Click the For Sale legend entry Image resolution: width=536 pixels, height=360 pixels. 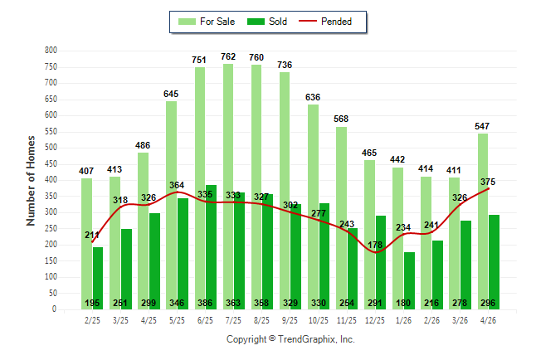pyautogui.click(x=207, y=22)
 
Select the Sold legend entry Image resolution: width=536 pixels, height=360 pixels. pyautogui.click(x=267, y=22)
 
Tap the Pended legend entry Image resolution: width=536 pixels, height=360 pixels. pyautogui.click(x=325, y=22)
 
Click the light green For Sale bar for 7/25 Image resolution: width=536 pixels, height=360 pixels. pyautogui.click(x=228, y=187)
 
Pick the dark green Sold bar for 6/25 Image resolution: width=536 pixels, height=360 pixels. pyautogui.click(x=211, y=247)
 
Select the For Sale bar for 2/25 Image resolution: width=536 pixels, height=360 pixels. pyautogui.click(x=86, y=244)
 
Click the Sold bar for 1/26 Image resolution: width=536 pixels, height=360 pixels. pyautogui.click(x=409, y=280)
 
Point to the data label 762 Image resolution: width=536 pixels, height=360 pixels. pyautogui.click(x=228, y=56)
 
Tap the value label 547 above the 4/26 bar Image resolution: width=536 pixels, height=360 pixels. pyautogui.click(x=481, y=126)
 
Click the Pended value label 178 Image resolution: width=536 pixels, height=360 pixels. pyautogui.click(x=375, y=245)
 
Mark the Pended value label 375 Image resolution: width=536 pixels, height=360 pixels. pyautogui.click(x=488, y=182)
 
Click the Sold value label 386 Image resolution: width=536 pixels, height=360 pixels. pyautogui.click(x=205, y=303)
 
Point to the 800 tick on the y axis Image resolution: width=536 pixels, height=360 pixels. pyautogui.click(x=51, y=51)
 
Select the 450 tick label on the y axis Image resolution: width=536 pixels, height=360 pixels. pyautogui.click(x=51, y=163)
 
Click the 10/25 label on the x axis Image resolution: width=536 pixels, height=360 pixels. pyautogui.click(x=319, y=320)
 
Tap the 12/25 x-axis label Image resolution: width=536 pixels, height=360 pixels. pyautogui.click(x=375, y=320)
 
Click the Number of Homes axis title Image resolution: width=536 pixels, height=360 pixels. pyautogui.click(x=31, y=181)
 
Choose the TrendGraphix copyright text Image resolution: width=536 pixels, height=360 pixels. pyautogui.click(x=290, y=339)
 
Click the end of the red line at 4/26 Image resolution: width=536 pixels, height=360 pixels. pyautogui.click(x=488, y=188)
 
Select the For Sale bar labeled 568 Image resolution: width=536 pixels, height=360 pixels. pyautogui.click(x=341, y=218)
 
